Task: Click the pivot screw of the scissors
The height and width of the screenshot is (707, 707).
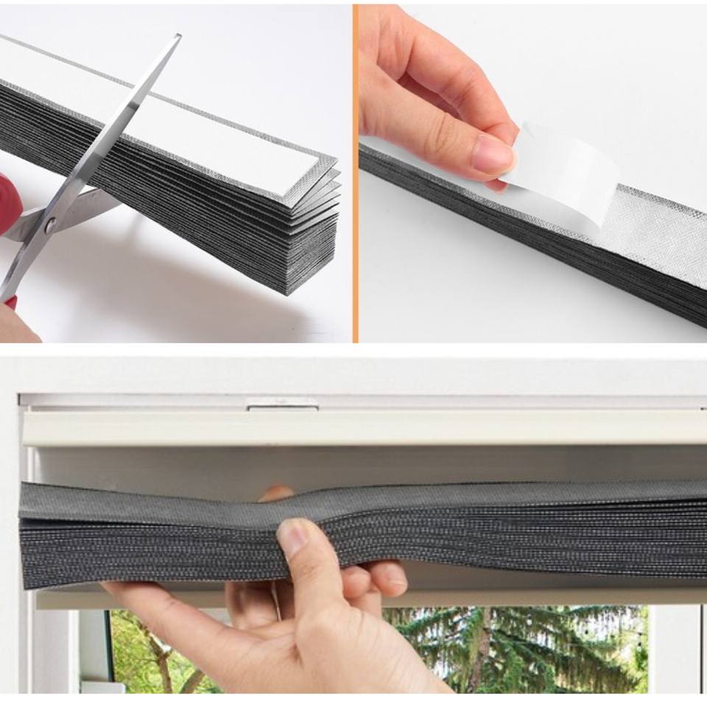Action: [49, 222]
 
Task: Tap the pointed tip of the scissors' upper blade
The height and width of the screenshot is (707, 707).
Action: [177, 36]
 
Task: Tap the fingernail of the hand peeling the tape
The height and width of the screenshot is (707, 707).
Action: [492, 155]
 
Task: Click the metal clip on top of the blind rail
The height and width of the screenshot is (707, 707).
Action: [282, 404]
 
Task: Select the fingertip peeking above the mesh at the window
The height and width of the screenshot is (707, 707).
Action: [276, 493]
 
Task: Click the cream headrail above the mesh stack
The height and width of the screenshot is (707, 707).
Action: [368, 428]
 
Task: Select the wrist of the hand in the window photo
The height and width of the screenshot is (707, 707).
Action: [412, 674]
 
